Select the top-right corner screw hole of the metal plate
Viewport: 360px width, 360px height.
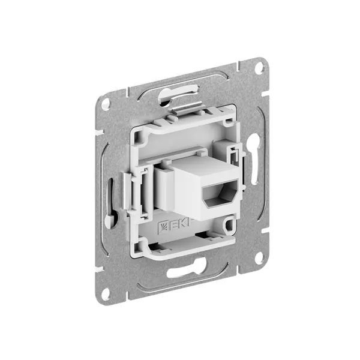tap(259, 68)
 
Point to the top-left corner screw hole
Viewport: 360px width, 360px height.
tap(106, 103)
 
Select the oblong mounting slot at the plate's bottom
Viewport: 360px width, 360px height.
tap(182, 272)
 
